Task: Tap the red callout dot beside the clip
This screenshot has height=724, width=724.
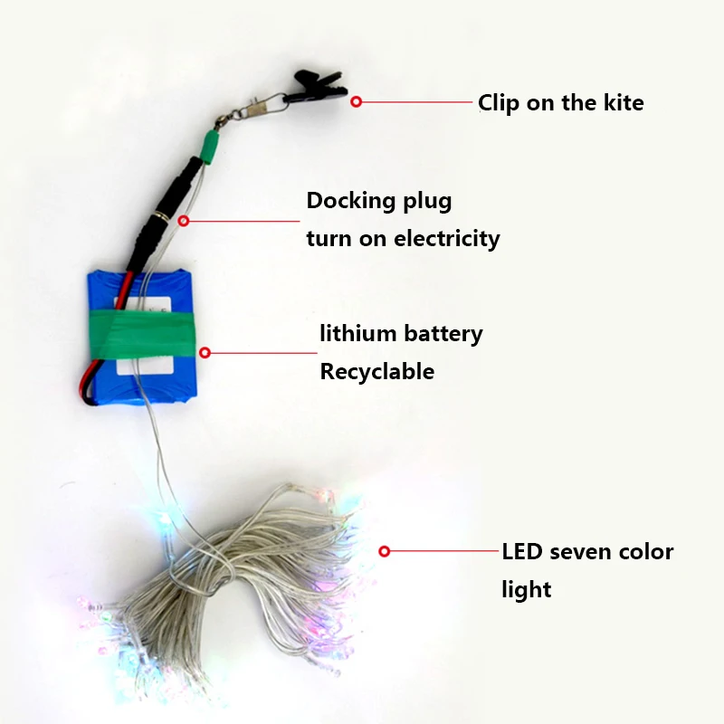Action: pos(357,102)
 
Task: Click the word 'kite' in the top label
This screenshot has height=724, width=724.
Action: pos(624,102)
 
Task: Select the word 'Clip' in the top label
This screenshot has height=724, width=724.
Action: pos(499,103)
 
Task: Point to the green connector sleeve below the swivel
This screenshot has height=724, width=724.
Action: pos(210,145)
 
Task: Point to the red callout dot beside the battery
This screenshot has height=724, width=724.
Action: pos(205,353)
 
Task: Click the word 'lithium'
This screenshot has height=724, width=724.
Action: pos(358,333)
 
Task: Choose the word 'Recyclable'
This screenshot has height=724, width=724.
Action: pos(376,372)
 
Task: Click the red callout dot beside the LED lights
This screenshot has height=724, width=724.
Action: pos(385,550)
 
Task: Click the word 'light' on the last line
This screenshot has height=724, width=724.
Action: pos(526,590)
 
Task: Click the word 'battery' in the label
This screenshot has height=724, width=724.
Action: pos(443,333)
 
